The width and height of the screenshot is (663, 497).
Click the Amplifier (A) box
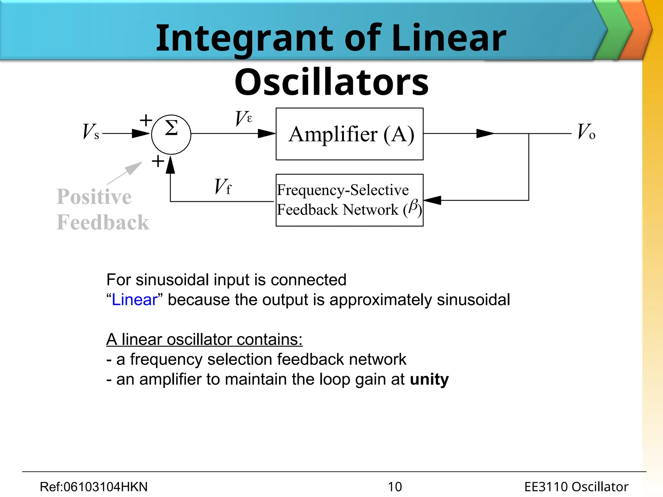point(349,134)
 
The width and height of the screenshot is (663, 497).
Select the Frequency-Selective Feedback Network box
point(349,200)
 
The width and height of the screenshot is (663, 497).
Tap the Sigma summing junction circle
point(171,134)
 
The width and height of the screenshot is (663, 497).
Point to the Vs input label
point(91,132)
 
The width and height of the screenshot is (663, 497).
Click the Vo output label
point(586,132)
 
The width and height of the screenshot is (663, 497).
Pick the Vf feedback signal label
point(223,187)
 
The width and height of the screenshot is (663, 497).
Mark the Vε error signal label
point(243,118)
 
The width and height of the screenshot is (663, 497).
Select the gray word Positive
point(94,197)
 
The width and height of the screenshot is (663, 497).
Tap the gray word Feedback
point(103,223)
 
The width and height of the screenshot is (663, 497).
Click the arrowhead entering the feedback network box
point(433,200)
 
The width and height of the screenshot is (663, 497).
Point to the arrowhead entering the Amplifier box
point(266,133)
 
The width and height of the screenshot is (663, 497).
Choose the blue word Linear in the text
point(134,300)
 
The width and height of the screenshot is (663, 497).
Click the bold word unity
point(429,379)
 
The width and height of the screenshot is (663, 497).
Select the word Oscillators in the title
point(331,82)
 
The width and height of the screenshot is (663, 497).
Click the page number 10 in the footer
point(395,487)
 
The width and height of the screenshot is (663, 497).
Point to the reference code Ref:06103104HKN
point(94,487)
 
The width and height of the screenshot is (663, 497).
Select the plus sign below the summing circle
point(158,161)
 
